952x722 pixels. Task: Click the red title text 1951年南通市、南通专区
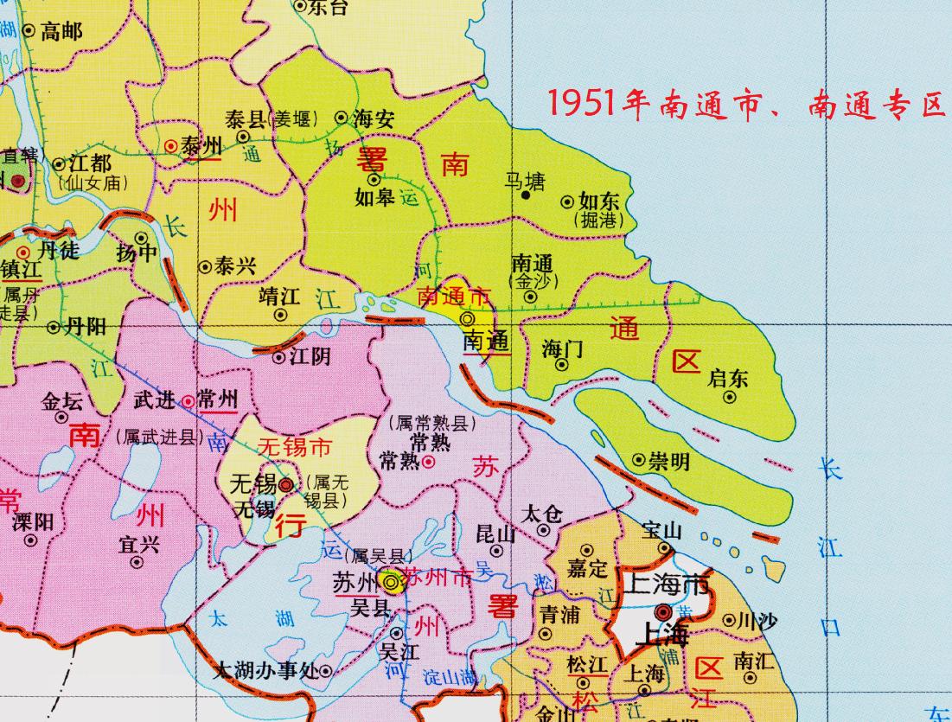coord(746,105)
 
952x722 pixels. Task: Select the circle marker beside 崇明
coord(639,460)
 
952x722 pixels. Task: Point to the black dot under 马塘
coord(525,195)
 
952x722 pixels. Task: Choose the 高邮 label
coord(61,32)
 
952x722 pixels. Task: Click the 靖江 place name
coord(279,297)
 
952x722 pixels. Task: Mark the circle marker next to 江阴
coord(279,356)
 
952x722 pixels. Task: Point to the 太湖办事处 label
coord(265,670)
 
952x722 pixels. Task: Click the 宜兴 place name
coord(138,544)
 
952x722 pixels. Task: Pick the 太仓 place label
coord(543,514)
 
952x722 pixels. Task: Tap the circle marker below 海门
coord(561,364)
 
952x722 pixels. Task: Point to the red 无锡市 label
coord(296,448)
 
